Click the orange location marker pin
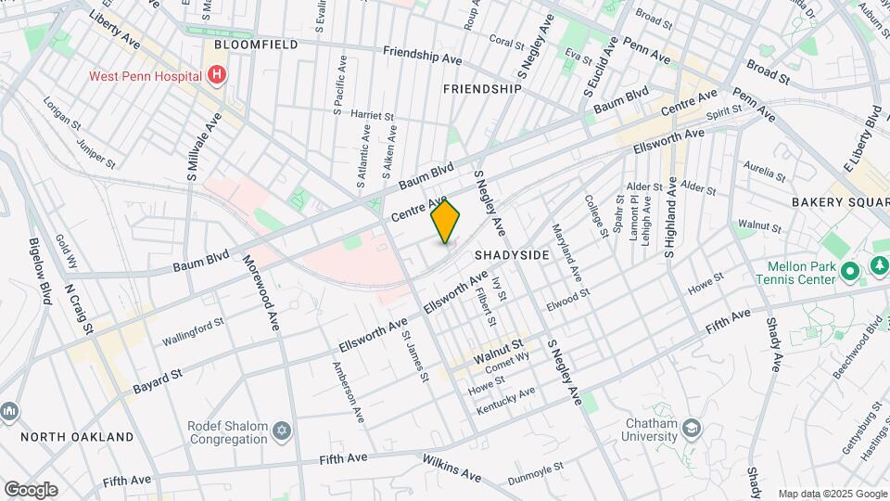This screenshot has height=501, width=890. (x=446, y=222)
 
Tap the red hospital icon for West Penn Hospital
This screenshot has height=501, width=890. (x=217, y=74)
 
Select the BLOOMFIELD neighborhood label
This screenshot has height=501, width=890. (x=255, y=44)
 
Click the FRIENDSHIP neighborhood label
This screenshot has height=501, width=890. (x=482, y=89)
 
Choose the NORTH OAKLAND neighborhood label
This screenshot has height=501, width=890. (x=77, y=436)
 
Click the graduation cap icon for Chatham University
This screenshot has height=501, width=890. (x=692, y=428)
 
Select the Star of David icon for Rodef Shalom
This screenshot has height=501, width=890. (x=282, y=430)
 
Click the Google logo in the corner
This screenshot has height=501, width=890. (x=31, y=490)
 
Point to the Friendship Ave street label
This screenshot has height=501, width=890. (x=422, y=57)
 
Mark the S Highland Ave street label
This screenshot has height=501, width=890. (x=669, y=219)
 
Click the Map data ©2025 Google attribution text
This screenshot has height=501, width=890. (x=832, y=494)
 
